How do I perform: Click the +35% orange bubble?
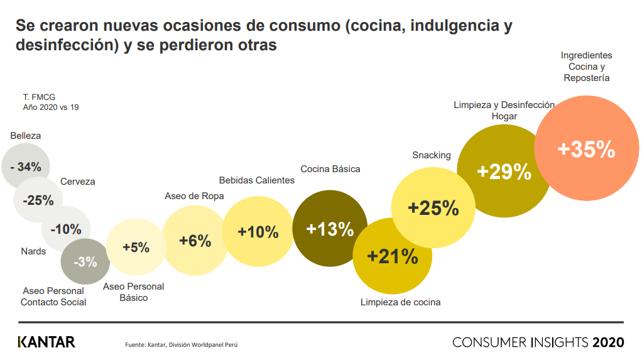[585, 149]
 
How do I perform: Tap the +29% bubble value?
[504, 172]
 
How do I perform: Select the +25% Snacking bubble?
[433, 208]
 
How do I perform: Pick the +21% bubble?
[392, 256]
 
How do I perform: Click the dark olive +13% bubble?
[330, 229]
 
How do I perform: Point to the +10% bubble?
[258, 232]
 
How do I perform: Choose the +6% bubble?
[195, 241]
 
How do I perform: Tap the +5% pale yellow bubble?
[136, 248]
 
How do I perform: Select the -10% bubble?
[66, 229]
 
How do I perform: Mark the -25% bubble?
[38, 201]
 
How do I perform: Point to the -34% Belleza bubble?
[26, 166]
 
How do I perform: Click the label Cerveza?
[78, 182]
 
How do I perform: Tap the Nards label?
[33, 251]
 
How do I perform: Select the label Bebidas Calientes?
[256, 180]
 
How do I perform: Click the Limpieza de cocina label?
[400, 302]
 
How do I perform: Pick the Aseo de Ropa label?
[194, 197]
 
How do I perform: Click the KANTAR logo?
[46, 342]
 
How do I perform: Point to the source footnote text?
[182, 344]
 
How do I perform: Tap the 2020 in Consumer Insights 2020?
[607, 342]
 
